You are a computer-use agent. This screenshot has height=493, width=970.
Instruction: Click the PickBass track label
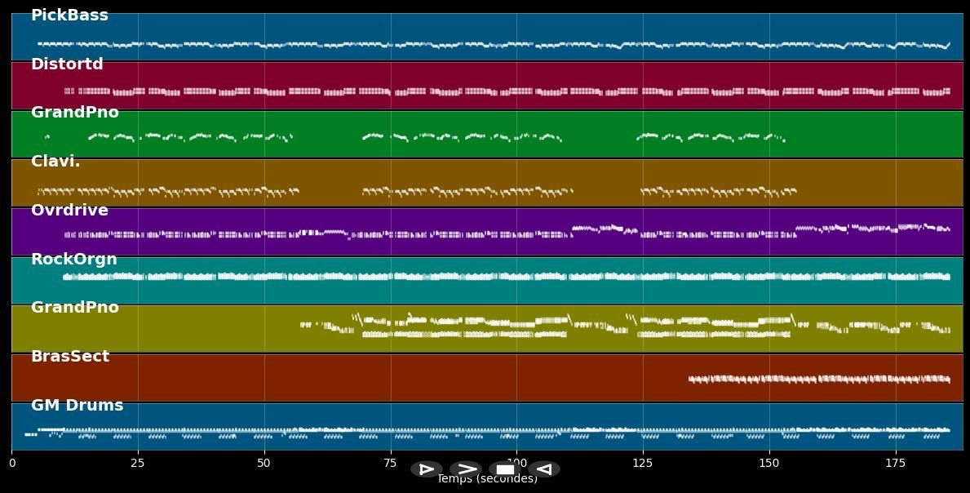tap(69, 16)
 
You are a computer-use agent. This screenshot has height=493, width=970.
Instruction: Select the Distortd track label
tap(67, 64)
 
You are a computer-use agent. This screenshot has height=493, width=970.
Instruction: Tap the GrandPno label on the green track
tap(74, 113)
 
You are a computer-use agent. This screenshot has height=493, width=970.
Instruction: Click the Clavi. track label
tap(55, 162)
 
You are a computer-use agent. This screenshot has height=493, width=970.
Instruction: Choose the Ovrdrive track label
tap(69, 211)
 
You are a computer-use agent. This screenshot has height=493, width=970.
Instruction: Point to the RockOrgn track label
tap(73, 260)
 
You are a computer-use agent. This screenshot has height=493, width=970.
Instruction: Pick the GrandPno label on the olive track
tap(74, 308)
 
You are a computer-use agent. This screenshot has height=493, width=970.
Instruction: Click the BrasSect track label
tap(69, 357)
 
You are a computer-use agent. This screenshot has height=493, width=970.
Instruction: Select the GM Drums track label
tap(77, 406)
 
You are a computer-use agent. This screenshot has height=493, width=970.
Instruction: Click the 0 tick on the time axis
tap(11, 464)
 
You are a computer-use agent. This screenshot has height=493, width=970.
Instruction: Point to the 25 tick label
tap(138, 464)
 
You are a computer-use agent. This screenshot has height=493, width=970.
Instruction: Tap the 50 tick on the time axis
tap(264, 464)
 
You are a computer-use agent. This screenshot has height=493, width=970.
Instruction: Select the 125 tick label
tap(643, 464)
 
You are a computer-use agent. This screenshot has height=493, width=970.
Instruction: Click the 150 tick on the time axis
tap(768, 464)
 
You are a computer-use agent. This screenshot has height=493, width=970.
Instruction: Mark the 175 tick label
tap(895, 464)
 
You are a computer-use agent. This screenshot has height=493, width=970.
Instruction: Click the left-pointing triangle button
tap(544, 469)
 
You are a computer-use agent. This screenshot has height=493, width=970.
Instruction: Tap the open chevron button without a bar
tap(466, 469)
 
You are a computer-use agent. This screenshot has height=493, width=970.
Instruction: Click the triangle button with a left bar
tap(426, 469)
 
